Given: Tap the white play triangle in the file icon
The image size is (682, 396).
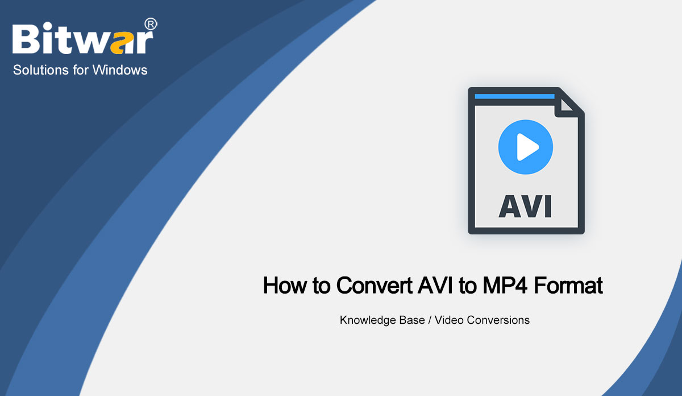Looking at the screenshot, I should click(x=527, y=149).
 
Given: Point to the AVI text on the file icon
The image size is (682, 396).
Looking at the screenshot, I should click(x=525, y=205).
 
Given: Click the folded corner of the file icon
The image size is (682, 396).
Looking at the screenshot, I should click(x=569, y=105).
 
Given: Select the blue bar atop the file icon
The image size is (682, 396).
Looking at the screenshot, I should click(x=514, y=97).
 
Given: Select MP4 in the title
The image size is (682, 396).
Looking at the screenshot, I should click(x=500, y=285).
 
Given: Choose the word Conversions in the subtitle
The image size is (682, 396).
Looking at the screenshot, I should click(x=498, y=320).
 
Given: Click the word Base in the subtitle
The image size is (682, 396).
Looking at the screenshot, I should click(x=411, y=320).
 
